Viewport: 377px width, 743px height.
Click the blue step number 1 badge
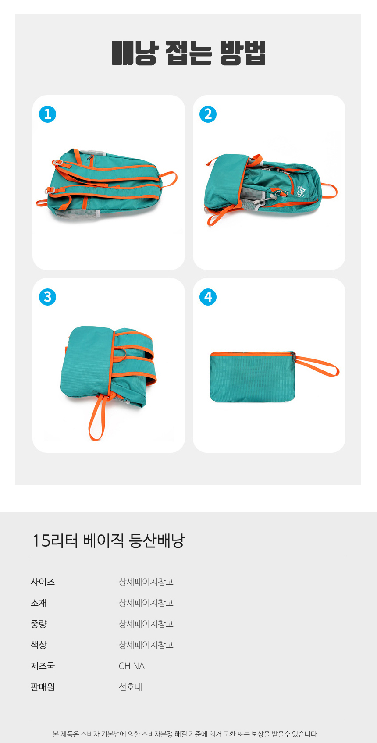47,114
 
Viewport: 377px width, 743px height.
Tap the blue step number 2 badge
208,114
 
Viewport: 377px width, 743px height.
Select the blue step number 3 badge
47,297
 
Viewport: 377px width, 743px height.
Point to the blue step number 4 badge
208,297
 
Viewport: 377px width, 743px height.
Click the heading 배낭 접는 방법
188,53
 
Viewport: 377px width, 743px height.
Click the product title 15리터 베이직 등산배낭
108,540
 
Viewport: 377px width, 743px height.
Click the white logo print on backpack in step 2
302,190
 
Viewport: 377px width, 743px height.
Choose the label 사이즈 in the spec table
43,582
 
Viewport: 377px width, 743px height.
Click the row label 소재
39,603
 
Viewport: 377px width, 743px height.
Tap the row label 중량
39,624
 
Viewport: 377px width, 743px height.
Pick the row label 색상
39,645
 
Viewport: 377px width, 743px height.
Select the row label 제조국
43,666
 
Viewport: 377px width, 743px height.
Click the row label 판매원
43,687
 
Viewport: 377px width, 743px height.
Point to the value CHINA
132,666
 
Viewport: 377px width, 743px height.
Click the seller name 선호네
130,687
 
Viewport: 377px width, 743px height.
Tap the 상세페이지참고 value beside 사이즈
146,582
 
